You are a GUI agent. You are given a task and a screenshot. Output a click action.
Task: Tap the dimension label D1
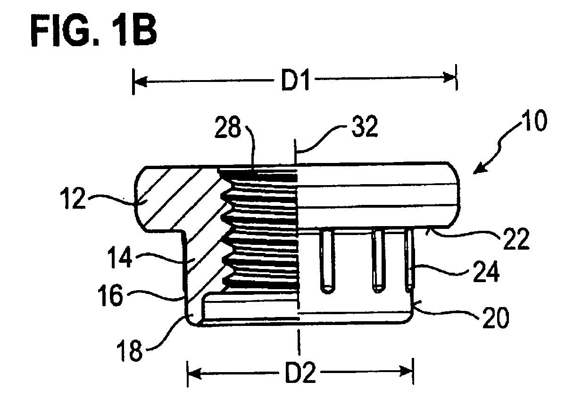[295, 80]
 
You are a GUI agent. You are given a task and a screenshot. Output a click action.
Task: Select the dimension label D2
[300, 373]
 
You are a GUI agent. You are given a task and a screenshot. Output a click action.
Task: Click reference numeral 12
[73, 198]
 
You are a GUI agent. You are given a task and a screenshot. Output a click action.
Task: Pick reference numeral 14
[119, 257]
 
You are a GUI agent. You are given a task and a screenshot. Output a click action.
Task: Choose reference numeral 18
[130, 350]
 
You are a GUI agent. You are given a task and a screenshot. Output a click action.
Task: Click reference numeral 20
[496, 318]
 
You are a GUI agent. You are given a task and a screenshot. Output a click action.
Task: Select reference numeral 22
[516, 239]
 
